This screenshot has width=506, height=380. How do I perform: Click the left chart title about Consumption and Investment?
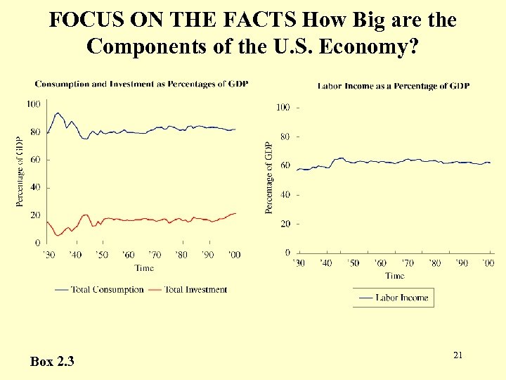(141, 84)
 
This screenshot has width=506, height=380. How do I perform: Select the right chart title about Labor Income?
(394, 86)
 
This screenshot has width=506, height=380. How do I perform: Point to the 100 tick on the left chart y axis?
(32, 104)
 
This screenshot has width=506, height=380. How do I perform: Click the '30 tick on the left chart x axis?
(48, 255)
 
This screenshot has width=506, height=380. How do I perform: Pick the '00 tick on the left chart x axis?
(234, 255)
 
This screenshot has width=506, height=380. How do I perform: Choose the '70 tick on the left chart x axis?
(154, 255)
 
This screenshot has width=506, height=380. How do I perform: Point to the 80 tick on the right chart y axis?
(285, 137)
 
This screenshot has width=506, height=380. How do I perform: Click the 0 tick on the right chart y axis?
(287, 252)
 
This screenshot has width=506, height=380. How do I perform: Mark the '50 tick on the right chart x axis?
(352, 263)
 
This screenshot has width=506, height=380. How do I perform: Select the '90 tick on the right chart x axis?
(461, 263)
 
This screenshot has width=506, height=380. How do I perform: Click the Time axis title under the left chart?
(143, 268)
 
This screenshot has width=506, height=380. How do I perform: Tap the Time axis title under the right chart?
(394, 276)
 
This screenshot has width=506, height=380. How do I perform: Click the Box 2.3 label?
(53, 362)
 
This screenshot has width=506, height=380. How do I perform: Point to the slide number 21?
(458, 355)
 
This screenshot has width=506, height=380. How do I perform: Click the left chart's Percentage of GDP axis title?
(20, 172)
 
